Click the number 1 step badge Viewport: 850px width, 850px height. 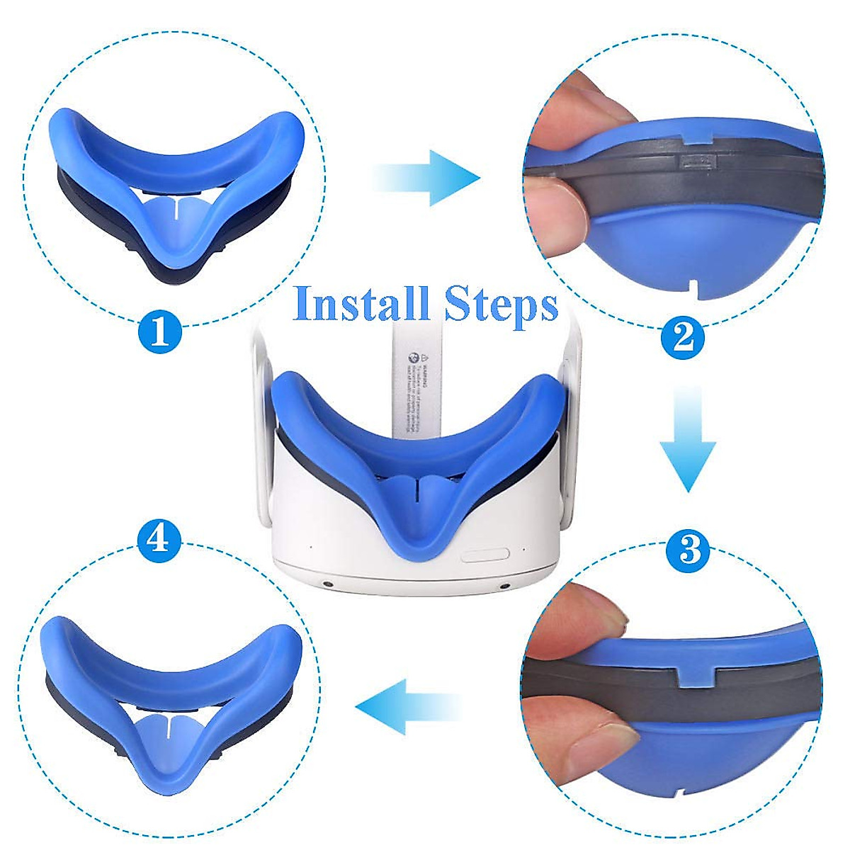point(160,331)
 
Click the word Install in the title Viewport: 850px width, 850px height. point(363,305)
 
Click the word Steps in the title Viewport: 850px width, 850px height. point(501,305)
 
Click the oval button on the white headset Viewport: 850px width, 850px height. point(485,555)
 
